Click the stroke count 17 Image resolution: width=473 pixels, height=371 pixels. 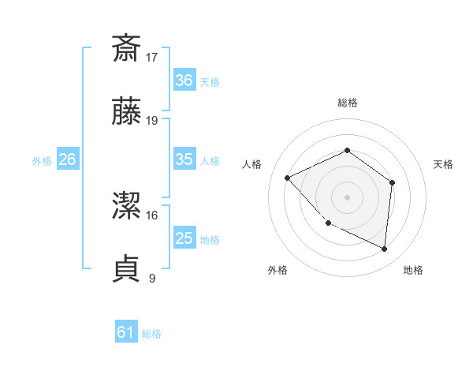tap(152, 57)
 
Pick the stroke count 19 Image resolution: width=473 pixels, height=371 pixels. tap(152, 121)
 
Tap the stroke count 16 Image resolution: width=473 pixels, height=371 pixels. tap(152, 214)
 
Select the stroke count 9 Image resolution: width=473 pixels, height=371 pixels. tap(152, 278)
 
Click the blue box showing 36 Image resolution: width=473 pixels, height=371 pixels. tap(184, 81)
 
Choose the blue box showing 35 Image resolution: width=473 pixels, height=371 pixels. tap(184, 159)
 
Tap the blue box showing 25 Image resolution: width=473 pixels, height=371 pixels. tap(184, 238)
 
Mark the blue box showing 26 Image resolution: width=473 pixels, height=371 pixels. tap(67, 159)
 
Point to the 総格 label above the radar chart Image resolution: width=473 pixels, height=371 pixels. tap(347, 103)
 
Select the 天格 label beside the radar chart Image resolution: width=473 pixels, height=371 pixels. tap(444, 164)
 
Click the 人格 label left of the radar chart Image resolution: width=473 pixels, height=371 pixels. tap(252, 164)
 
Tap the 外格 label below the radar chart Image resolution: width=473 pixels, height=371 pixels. tap(277, 270)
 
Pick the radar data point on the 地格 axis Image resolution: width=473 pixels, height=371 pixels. tap(385, 249)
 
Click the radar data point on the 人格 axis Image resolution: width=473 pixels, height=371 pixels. tap(288, 178)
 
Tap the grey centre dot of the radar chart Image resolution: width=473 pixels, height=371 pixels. tap(347, 197)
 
